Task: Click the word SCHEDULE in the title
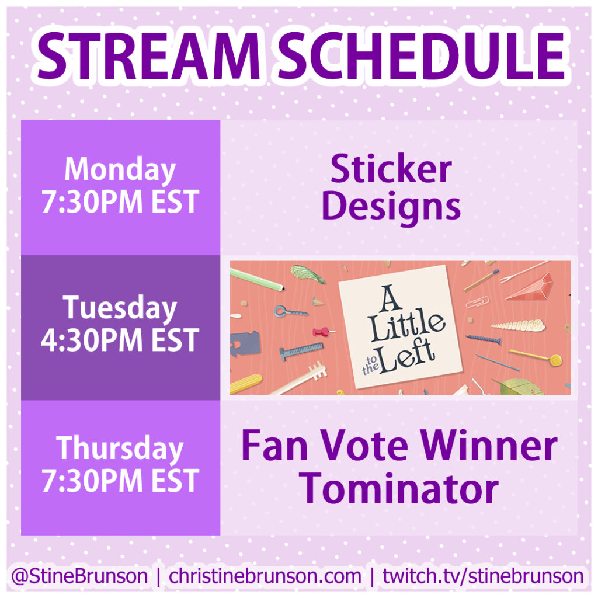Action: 422,55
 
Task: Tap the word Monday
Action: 120,171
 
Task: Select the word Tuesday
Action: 120,308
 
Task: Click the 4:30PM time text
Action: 93,340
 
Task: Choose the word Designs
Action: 391,208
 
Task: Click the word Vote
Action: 364,446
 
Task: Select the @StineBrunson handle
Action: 79,576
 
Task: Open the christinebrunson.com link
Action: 265,576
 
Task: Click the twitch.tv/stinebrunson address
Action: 483,576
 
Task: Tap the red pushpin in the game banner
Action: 322,332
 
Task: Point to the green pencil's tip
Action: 283,288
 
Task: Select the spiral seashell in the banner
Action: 518,325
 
